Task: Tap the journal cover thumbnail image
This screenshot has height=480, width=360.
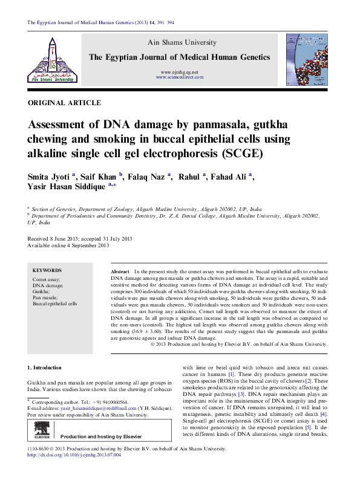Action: pos(309,58)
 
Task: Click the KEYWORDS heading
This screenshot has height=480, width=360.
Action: pos(47,270)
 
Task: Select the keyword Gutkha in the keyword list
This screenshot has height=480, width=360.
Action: pos(42,291)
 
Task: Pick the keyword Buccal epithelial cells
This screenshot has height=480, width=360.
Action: pos(55,304)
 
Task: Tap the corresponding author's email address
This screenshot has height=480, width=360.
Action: pos(88,409)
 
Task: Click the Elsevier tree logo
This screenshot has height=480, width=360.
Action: pos(42,430)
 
